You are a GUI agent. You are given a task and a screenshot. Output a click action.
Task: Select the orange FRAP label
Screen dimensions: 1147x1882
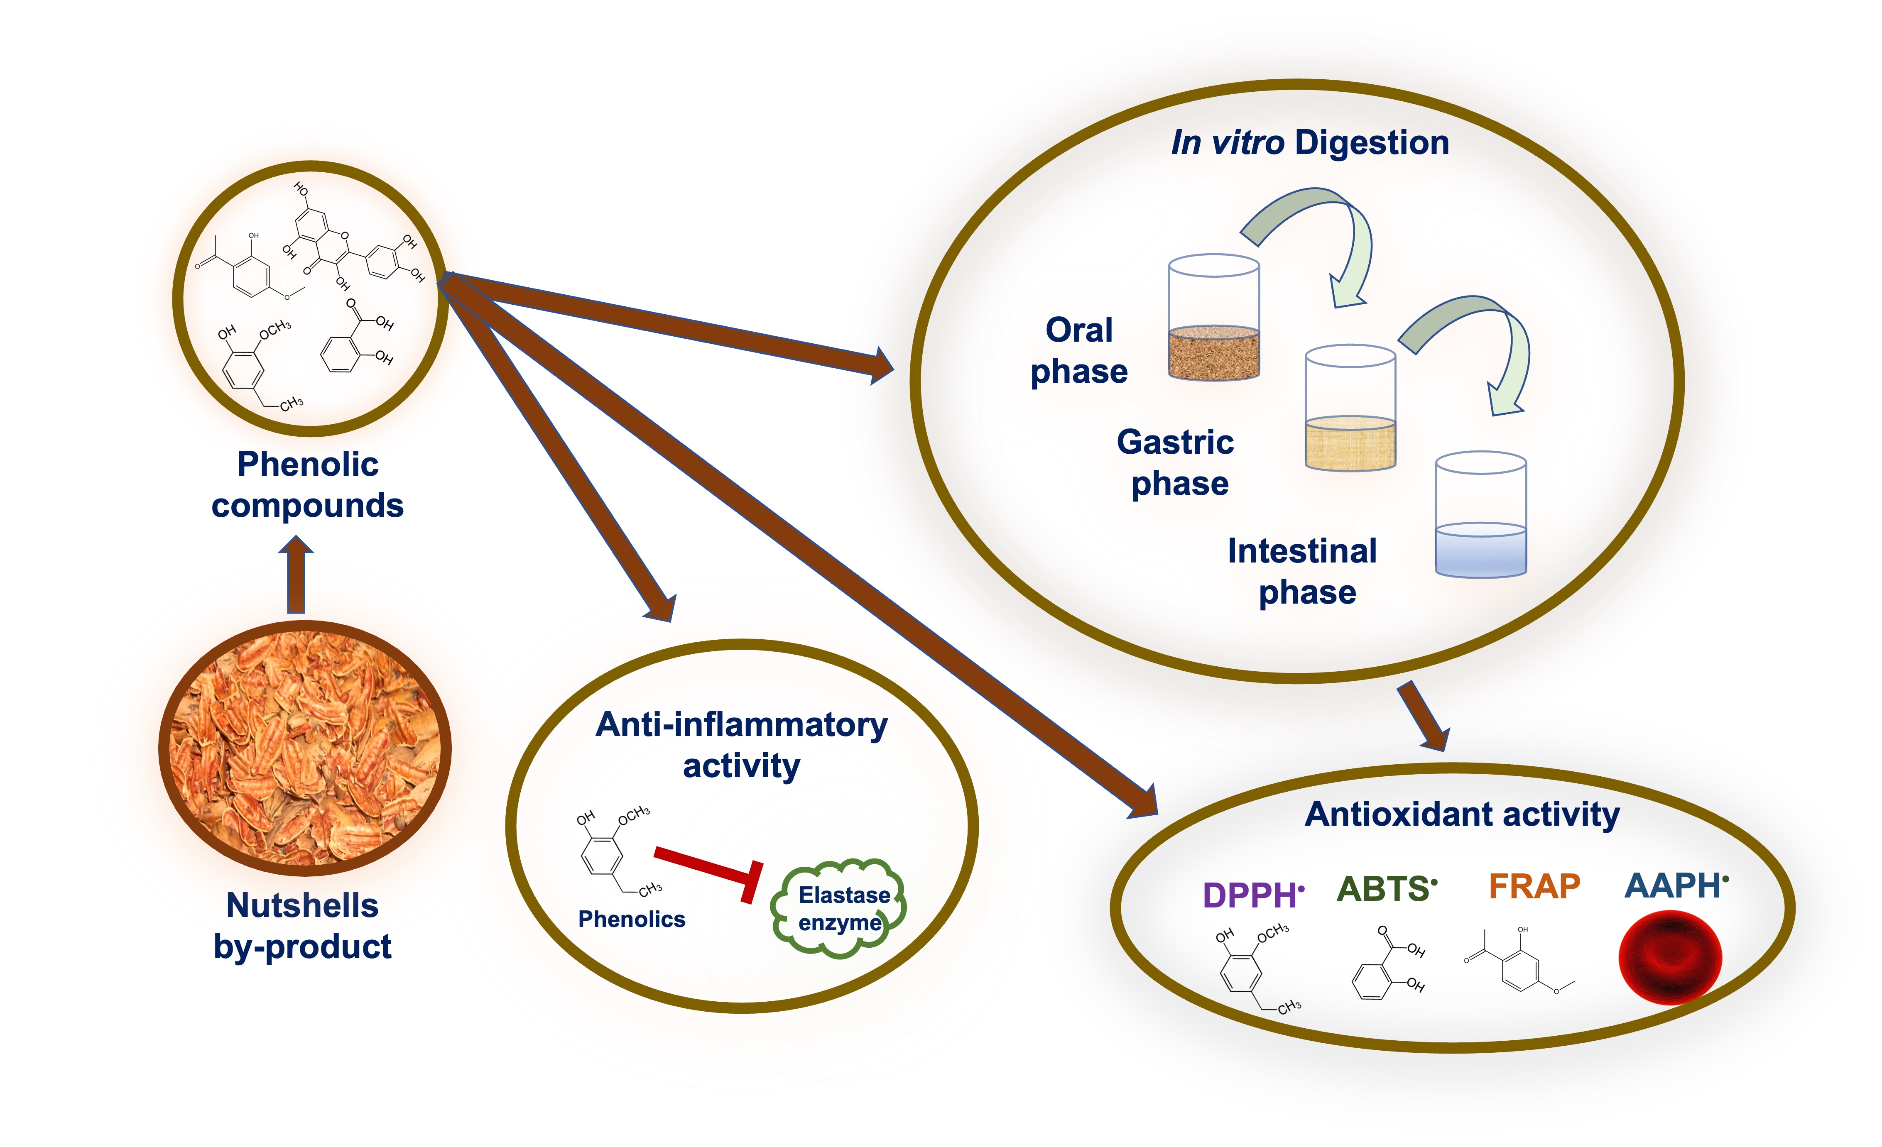pyautogui.click(x=1534, y=887)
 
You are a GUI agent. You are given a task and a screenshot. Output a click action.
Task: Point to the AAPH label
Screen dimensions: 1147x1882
pyautogui.click(x=1674, y=886)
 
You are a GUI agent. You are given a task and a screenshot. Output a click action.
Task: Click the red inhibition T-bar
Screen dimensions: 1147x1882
pyautogui.click(x=711, y=871)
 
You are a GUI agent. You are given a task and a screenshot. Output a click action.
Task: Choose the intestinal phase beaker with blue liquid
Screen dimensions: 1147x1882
pyautogui.click(x=1480, y=516)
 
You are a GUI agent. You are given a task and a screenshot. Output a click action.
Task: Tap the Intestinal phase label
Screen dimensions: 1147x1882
pyautogui.click(x=1303, y=571)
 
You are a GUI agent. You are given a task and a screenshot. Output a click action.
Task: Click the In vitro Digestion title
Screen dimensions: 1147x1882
pyautogui.click(x=1309, y=143)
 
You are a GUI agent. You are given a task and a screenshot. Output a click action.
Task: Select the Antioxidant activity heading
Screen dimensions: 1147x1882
pyautogui.click(x=1462, y=814)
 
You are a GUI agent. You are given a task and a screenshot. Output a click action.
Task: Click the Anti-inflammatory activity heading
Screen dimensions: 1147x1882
pyautogui.click(x=741, y=745)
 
